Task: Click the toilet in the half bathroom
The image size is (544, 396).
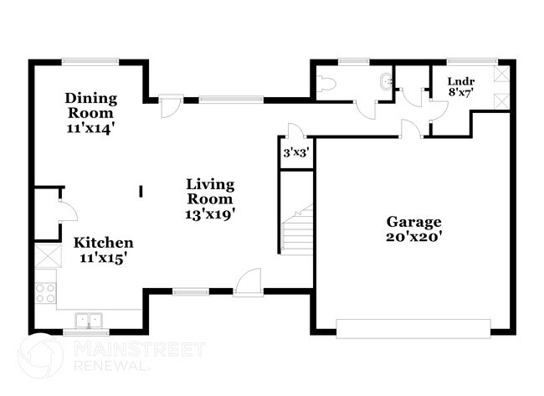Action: [327, 84]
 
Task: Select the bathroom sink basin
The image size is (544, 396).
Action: [386, 82]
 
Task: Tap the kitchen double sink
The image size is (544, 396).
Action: [87, 320]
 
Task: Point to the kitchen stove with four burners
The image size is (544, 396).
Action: [45, 293]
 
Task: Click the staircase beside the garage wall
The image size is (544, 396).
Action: [296, 230]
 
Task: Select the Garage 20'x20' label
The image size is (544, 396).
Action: [413, 229]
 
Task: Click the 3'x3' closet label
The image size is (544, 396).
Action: [295, 153]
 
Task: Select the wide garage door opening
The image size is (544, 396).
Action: [413, 327]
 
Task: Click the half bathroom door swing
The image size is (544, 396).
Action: [364, 108]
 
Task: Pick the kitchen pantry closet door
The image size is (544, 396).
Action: [67, 209]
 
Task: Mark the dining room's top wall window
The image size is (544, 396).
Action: [90, 60]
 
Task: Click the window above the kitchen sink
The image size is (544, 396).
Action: [87, 332]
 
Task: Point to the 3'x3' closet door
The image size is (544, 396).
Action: [295, 131]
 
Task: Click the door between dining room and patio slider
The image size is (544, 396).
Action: [170, 106]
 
